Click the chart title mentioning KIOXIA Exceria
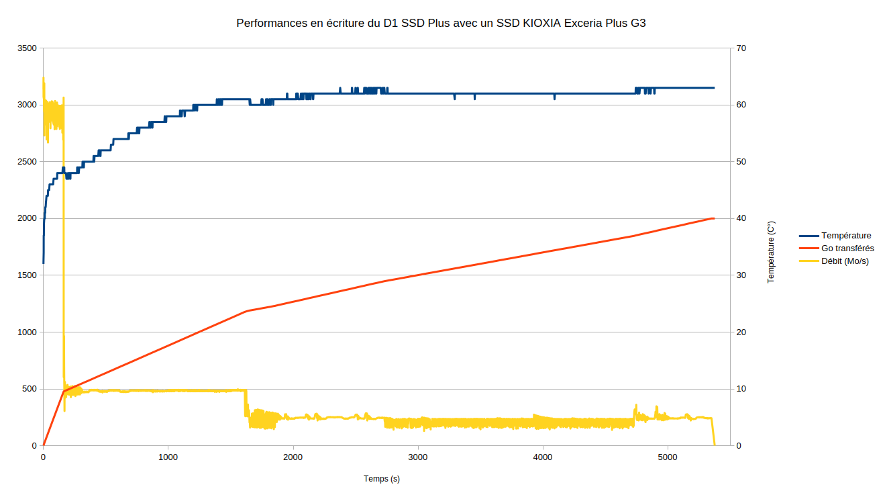441,23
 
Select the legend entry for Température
846,236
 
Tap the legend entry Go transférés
847,248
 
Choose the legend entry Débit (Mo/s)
845,261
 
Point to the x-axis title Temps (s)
382,479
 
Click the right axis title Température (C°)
771,252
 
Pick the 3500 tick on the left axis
28,48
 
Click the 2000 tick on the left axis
28,218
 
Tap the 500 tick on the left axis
30,389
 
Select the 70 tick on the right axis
741,48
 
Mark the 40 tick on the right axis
741,218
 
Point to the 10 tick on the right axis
741,389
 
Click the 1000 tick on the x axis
168,457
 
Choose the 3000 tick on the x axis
418,457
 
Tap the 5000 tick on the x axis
668,457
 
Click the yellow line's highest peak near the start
44,78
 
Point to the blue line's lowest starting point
44,263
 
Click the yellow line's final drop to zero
715,444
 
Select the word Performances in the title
266,23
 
